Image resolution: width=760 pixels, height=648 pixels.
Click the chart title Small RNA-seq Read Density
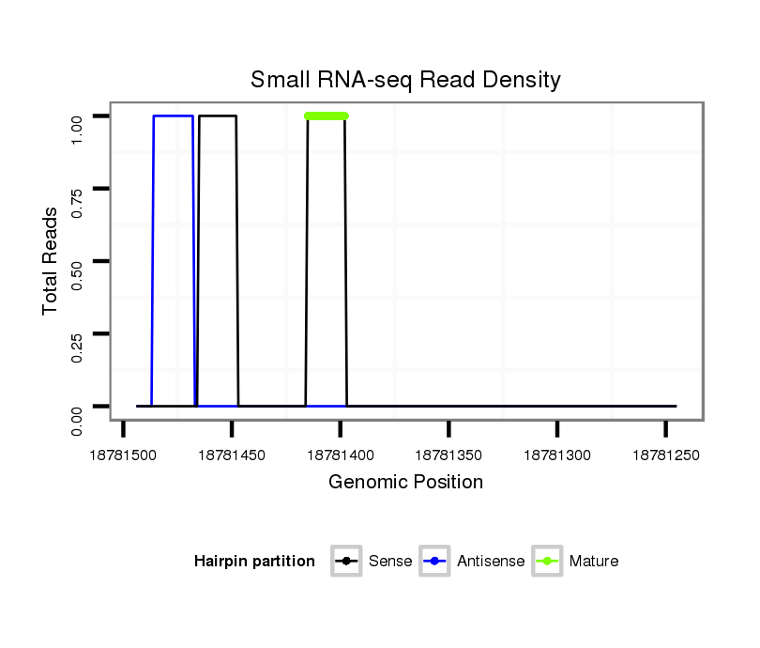[x=405, y=80]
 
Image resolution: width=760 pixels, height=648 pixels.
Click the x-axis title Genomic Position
[x=405, y=483]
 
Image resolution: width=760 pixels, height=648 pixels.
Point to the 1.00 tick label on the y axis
[x=80, y=116]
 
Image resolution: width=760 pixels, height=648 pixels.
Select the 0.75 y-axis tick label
[x=80, y=189]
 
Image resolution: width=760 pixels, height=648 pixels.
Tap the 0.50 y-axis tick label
[x=80, y=261]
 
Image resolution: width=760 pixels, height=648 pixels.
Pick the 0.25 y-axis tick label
[x=80, y=333]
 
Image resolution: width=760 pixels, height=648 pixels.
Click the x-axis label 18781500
[x=123, y=455]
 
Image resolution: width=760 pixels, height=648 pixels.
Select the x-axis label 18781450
[x=232, y=455]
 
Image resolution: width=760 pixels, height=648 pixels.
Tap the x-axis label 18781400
[x=340, y=455]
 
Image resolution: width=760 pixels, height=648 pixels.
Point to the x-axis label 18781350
[x=448, y=455]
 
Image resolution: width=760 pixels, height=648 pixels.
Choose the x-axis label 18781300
[x=556, y=455]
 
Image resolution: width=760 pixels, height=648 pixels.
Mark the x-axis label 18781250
[x=665, y=455]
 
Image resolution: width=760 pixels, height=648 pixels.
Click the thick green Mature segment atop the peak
[x=327, y=116]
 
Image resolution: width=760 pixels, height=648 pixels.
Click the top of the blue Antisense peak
[x=173, y=116]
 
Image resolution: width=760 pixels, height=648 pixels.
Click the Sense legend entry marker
[x=346, y=562]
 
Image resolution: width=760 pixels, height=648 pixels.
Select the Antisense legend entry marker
[x=435, y=562]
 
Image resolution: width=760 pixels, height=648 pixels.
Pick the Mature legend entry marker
[x=547, y=562]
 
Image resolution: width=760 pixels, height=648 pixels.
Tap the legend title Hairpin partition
[x=254, y=562]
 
